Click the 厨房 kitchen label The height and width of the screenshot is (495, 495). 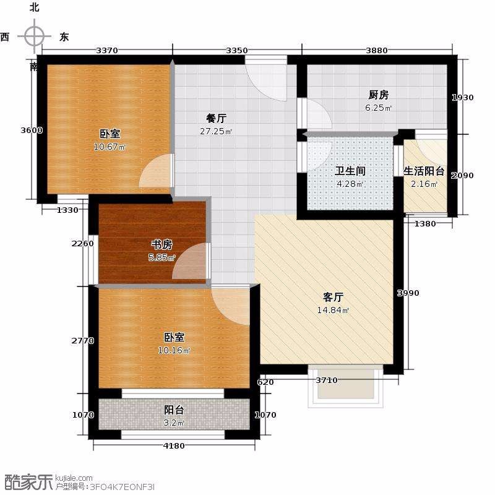point(379,95)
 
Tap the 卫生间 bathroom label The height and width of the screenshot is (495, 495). point(350,171)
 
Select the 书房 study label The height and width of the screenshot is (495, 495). point(161,244)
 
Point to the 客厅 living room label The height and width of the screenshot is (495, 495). point(333,297)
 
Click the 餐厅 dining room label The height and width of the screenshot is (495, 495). point(216,118)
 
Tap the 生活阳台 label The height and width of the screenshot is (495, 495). point(424,171)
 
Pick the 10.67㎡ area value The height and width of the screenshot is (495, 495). point(110,147)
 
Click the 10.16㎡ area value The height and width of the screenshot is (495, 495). point(174,350)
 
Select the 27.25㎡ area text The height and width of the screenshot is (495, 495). point(216,131)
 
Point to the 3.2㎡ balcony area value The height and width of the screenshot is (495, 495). point(174,423)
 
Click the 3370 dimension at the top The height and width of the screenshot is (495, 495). point(107,51)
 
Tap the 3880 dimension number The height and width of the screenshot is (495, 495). point(377,51)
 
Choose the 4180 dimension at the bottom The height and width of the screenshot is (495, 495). point(174,445)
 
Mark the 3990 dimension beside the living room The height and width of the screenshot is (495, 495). point(408,293)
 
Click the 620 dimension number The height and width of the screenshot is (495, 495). point(265,382)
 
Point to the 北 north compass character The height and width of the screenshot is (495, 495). point(34,7)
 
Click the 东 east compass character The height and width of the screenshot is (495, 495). point(64,37)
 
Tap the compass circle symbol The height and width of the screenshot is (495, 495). point(35,37)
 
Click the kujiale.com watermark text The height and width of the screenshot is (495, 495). point(74,478)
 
